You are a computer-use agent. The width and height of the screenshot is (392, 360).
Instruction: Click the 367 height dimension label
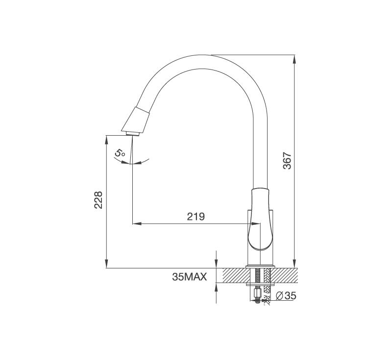(x=287, y=161)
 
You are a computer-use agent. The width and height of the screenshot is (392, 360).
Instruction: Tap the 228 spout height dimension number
(x=98, y=200)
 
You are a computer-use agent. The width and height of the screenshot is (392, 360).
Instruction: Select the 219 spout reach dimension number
(x=196, y=216)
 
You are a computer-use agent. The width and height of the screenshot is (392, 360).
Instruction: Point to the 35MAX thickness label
(x=190, y=277)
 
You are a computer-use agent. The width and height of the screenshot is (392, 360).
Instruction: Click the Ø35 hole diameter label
(x=286, y=296)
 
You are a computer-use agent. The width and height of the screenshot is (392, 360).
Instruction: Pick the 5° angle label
(x=120, y=153)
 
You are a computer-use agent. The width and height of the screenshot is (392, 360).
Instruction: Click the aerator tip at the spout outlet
(x=133, y=134)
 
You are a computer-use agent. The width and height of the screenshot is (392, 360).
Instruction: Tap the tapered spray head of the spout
(x=136, y=120)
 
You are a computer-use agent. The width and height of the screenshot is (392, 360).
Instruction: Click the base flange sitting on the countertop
(x=260, y=266)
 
